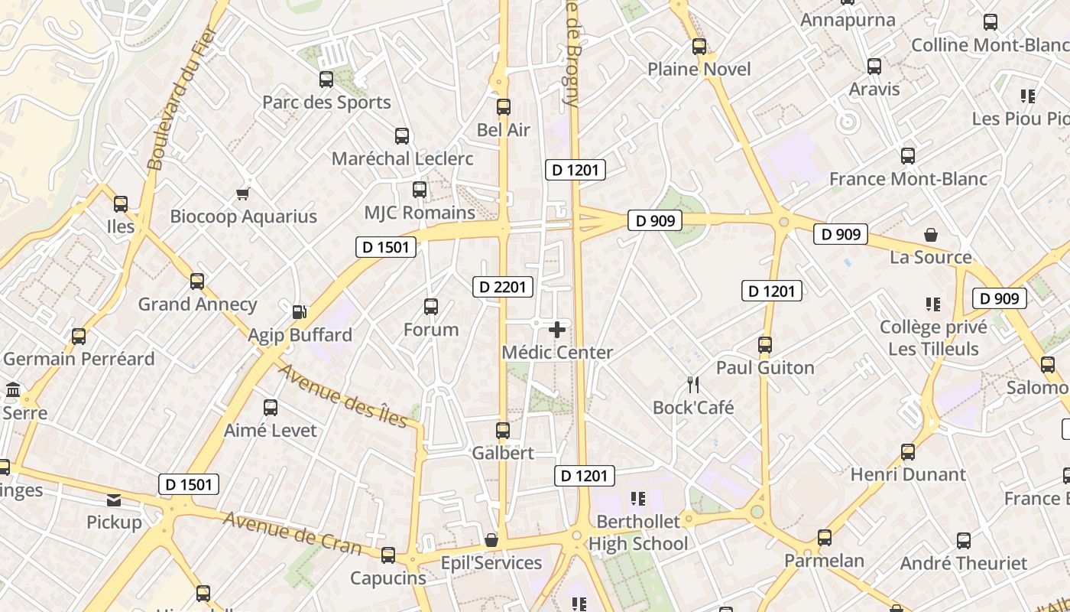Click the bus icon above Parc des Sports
(326, 79)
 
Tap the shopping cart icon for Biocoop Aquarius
(243, 194)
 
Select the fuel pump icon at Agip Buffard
(300, 311)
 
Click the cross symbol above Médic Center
(557, 330)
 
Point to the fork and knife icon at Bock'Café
(693, 384)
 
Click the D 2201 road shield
(503, 287)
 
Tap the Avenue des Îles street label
(342, 396)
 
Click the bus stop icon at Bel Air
(503, 107)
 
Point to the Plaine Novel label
(699, 70)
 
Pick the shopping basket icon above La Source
(930, 235)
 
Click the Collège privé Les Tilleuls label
(933, 338)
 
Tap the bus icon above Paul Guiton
(765, 345)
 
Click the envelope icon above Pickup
(114, 500)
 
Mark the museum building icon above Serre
(13, 390)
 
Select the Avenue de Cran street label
(292, 532)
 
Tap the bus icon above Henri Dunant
(908, 451)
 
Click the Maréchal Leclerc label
(402, 159)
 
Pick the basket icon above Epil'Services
(491, 540)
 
